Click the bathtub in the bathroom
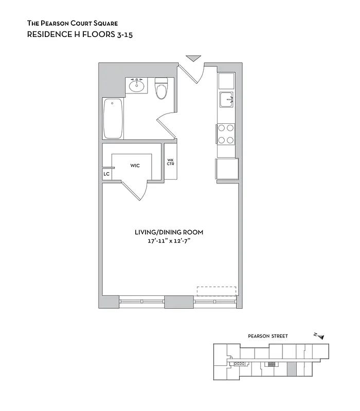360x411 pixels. click(113, 118)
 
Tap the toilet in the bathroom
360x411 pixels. click(161, 89)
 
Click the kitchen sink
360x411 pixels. click(226, 99)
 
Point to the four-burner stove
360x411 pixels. click(226, 134)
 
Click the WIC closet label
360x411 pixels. click(135, 165)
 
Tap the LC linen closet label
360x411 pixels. click(106, 174)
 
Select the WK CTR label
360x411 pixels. click(170, 162)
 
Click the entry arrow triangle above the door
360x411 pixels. click(192, 58)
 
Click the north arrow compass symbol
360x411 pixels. click(319, 336)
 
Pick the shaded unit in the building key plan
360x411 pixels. click(291, 368)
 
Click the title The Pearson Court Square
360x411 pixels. click(72, 24)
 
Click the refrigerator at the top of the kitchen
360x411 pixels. click(226, 81)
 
